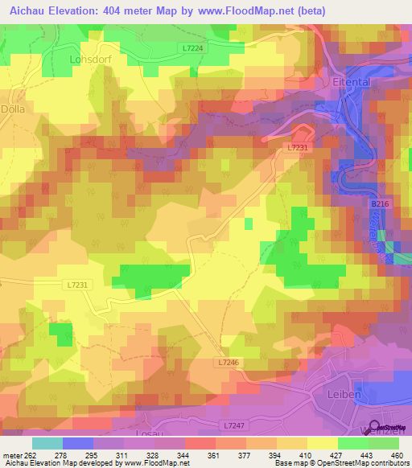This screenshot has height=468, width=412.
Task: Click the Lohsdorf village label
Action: point(89,60)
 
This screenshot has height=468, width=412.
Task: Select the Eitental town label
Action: point(351,82)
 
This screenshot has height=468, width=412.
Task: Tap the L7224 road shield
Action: point(193,49)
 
